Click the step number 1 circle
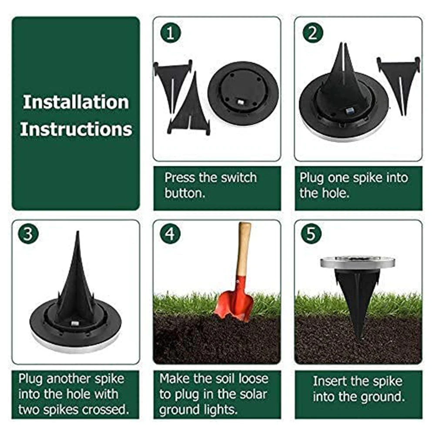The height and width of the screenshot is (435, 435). pyautogui.click(x=171, y=33)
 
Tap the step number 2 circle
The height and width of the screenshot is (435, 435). pyautogui.click(x=313, y=33)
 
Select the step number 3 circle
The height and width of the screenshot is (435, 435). pyautogui.click(x=28, y=234)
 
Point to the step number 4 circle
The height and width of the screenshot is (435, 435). pyautogui.click(x=170, y=234)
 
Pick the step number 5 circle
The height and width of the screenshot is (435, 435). pyautogui.click(x=311, y=234)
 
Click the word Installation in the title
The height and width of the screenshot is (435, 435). pyautogui.click(x=76, y=102)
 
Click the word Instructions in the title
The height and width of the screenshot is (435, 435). pyautogui.click(x=76, y=129)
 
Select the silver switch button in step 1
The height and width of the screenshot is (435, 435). pyautogui.click(x=241, y=102)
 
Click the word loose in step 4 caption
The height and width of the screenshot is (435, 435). pyautogui.click(x=254, y=379)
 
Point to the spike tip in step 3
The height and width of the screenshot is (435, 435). pyautogui.click(x=78, y=232)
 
